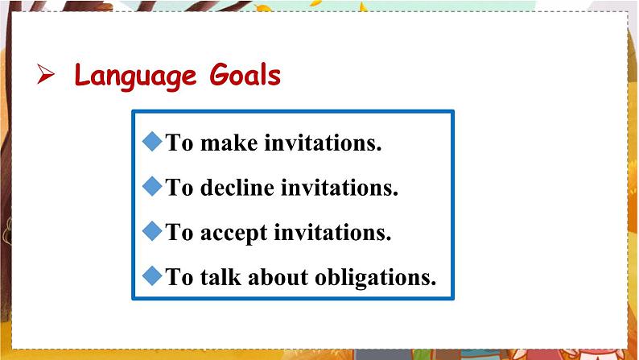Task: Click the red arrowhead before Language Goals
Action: [x=46, y=74]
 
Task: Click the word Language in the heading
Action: [x=135, y=76]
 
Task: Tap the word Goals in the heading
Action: [x=245, y=75]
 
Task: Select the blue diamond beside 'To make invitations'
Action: [x=152, y=141]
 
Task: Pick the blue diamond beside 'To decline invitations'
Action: [x=152, y=186]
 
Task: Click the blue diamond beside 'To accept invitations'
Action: [x=152, y=231]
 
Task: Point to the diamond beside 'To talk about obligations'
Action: [x=152, y=275]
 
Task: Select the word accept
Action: [x=234, y=234]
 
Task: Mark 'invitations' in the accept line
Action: [x=332, y=233]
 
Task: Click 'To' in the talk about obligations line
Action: [x=179, y=277]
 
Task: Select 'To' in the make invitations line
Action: [x=179, y=143]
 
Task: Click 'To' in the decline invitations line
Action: [x=179, y=188]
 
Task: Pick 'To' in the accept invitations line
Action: [x=179, y=233]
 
